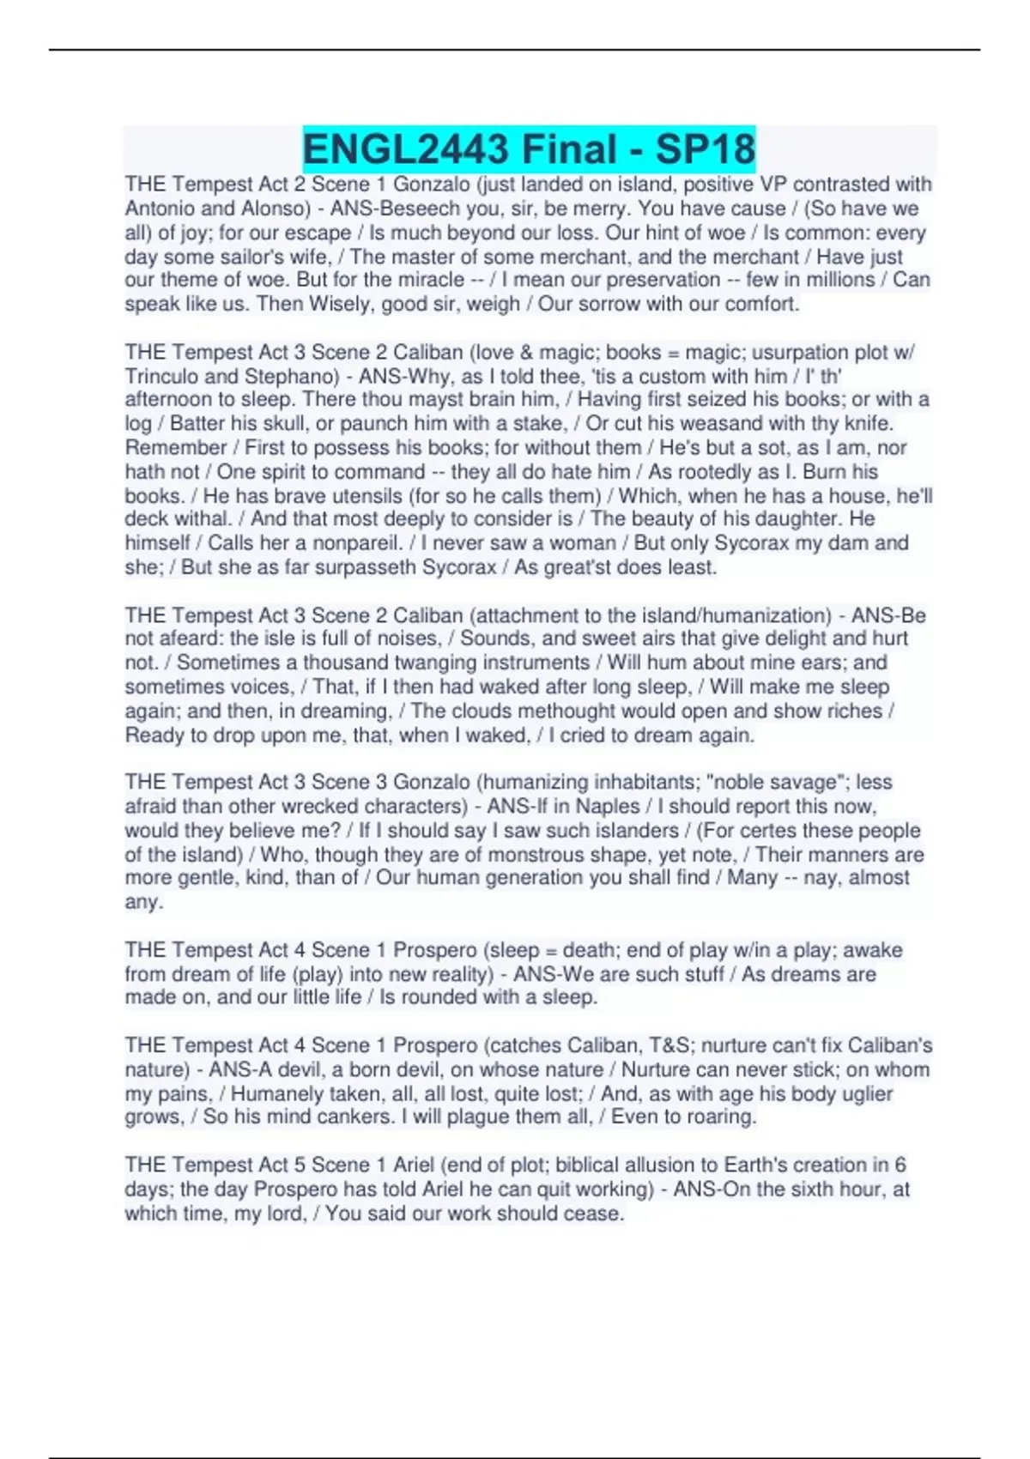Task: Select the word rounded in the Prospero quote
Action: [444, 997]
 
